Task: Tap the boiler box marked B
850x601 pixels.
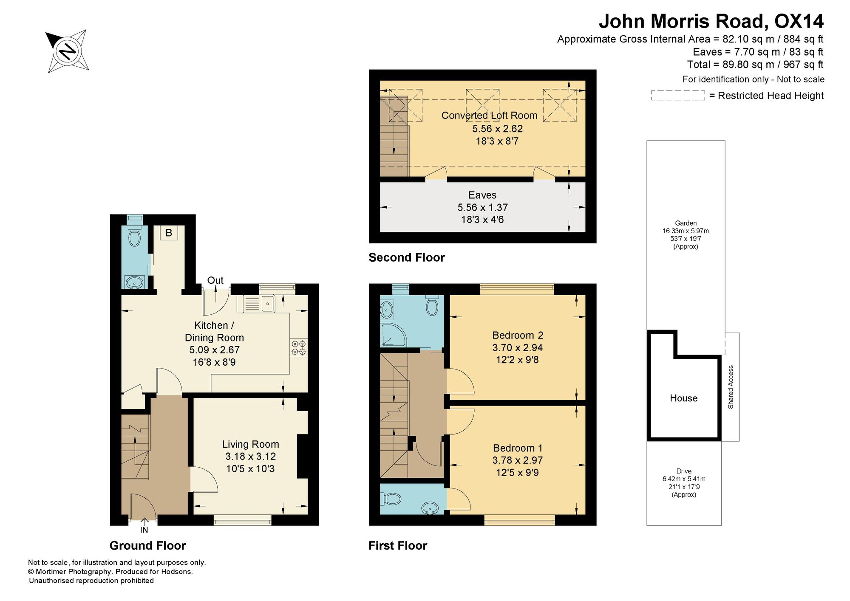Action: tap(169, 233)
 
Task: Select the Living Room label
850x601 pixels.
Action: tap(250, 444)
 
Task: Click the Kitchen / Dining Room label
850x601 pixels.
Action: tap(214, 332)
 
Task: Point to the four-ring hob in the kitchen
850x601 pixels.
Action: tap(299, 347)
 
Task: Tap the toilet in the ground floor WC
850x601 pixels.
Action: tap(134, 236)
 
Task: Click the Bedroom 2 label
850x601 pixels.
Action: tap(518, 335)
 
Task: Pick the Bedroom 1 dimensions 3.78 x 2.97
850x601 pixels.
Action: tap(518, 460)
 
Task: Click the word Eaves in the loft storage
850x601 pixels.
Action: tap(482, 195)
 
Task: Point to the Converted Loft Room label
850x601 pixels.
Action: tap(489, 115)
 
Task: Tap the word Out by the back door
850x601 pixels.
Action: tap(215, 280)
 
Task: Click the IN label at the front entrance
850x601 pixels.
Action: tap(144, 530)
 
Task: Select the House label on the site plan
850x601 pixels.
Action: tap(684, 398)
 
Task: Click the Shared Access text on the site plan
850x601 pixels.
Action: tap(731, 387)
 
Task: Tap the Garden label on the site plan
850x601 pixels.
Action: tap(686, 223)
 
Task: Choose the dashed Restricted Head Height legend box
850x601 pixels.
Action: tap(678, 96)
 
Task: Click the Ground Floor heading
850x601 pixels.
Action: tap(148, 546)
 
